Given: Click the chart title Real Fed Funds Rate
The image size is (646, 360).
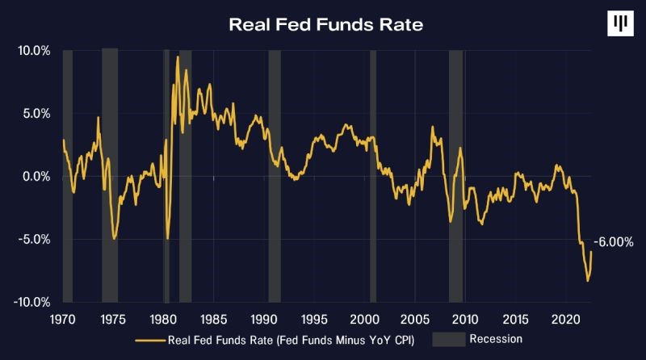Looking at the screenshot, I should pyautogui.click(x=325, y=24).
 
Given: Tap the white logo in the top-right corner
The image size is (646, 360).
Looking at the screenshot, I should pyautogui.click(x=619, y=24).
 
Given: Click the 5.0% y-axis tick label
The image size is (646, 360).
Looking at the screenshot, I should pyautogui.click(x=36, y=114).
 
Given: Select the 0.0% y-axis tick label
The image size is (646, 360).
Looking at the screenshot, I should pyautogui.click(x=36, y=177).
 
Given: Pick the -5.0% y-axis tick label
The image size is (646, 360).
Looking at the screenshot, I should pyautogui.click(x=34, y=240).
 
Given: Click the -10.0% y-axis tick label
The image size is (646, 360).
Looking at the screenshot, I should pyautogui.click(x=31, y=302).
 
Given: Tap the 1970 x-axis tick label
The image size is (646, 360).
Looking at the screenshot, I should pyautogui.click(x=63, y=318).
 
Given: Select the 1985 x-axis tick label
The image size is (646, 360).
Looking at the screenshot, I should pyautogui.click(x=214, y=318).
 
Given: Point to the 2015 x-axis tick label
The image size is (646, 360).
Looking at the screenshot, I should pyautogui.click(x=517, y=318).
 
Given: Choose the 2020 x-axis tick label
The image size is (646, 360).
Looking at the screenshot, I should pyautogui.click(x=567, y=318).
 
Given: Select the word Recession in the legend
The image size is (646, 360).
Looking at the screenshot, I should pyautogui.click(x=497, y=340).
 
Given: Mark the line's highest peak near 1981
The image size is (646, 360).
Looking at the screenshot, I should pyautogui.click(x=178, y=57).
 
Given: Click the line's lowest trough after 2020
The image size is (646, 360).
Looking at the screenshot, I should pyautogui.click(x=588, y=280).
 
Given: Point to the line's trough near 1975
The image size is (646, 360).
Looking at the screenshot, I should pyautogui.click(x=115, y=238).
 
